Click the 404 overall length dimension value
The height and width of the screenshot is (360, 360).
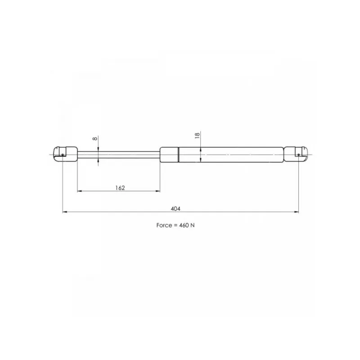point(175,209)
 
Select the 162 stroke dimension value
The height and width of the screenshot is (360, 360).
point(120,188)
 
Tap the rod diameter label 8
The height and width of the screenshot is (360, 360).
point(94,139)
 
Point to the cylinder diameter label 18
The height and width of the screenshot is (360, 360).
point(197,135)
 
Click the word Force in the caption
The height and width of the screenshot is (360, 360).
point(164,225)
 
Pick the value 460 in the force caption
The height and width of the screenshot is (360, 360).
point(184,225)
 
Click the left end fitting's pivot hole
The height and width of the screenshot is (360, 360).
point(63,155)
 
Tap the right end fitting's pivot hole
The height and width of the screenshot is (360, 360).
point(298,155)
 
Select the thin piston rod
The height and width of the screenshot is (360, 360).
point(119,155)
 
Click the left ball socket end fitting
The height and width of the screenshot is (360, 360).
point(65,154)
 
